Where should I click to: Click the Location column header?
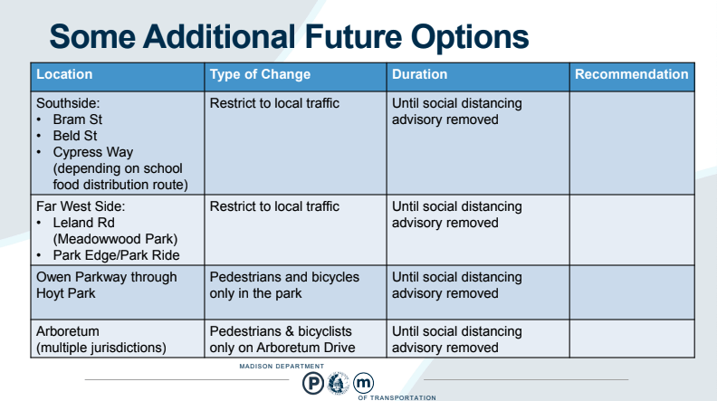click(x=64, y=74)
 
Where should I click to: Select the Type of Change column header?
click(x=260, y=74)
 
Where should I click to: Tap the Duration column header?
click(x=419, y=74)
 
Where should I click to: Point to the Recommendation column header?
click(x=632, y=74)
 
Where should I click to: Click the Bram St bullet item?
click(x=77, y=119)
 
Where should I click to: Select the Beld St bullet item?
click(x=75, y=136)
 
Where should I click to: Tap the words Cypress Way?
click(x=93, y=152)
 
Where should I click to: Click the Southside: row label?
click(x=68, y=103)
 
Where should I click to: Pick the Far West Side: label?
click(x=81, y=206)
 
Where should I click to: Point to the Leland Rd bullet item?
click(x=83, y=223)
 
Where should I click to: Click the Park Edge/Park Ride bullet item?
click(x=116, y=255)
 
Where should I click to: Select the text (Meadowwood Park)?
click(x=115, y=239)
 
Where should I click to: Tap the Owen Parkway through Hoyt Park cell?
click(x=107, y=285)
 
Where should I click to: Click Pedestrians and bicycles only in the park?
click(x=284, y=285)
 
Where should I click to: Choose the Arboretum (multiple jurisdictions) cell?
click(x=101, y=339)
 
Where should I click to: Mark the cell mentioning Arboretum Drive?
click(x=282, y=339)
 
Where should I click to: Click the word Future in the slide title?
click(x=353, y=36)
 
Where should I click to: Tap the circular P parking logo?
click(x=313, y=383)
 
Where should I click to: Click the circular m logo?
click(x=364, y=383)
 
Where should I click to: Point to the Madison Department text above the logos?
click(x=282, y=367)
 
